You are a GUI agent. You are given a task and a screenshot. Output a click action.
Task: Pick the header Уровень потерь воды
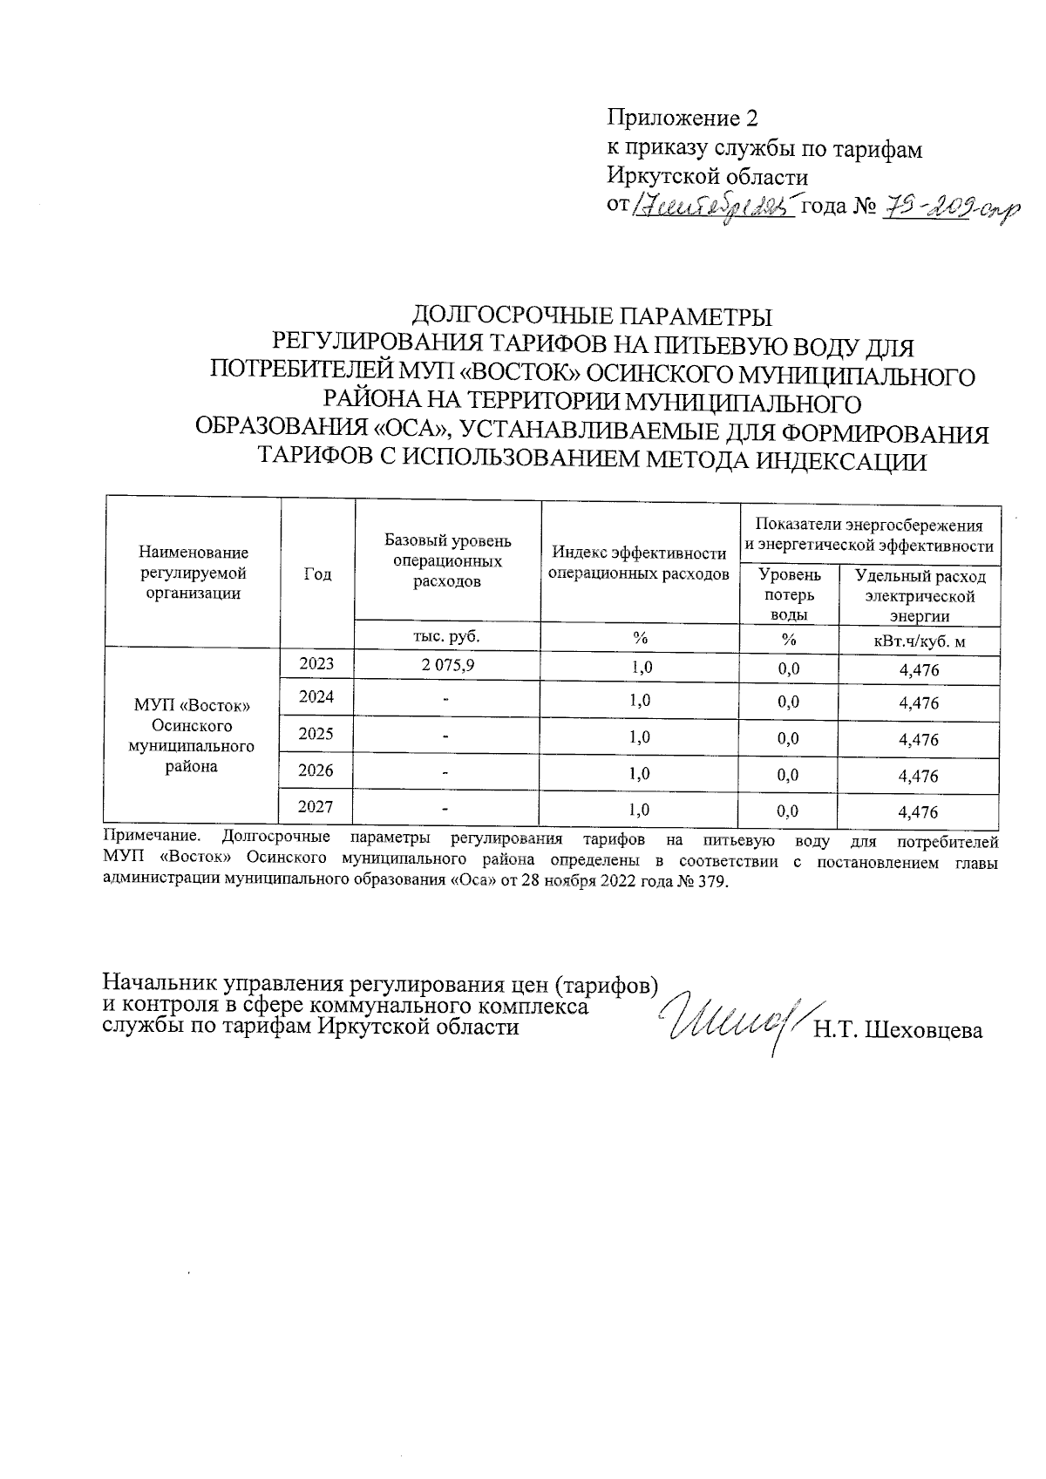pyautogui.click(x=789, y=594)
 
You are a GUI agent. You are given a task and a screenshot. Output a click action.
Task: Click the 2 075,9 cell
pyautogui.click(x=448, y=665)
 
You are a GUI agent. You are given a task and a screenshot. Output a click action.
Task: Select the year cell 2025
pyautogui.click(x=316, y=734)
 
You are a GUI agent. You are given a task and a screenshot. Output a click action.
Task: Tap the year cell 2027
pyautogui.click(x=316, y=807)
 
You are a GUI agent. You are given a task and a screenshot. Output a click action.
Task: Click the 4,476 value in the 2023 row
pyautogui.click(x=918, y=670)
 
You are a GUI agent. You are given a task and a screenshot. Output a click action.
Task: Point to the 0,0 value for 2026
pyautogui.click(x=788, y=775)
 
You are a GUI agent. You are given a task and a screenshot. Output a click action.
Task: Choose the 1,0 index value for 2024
pyautogui.click(x=641, y=701)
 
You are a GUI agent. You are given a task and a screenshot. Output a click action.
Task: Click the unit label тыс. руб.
pyautogui.click(x=446, y=636)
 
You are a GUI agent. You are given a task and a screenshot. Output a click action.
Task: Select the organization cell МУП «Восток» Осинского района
pyautogui.click(x=192, y=736)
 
